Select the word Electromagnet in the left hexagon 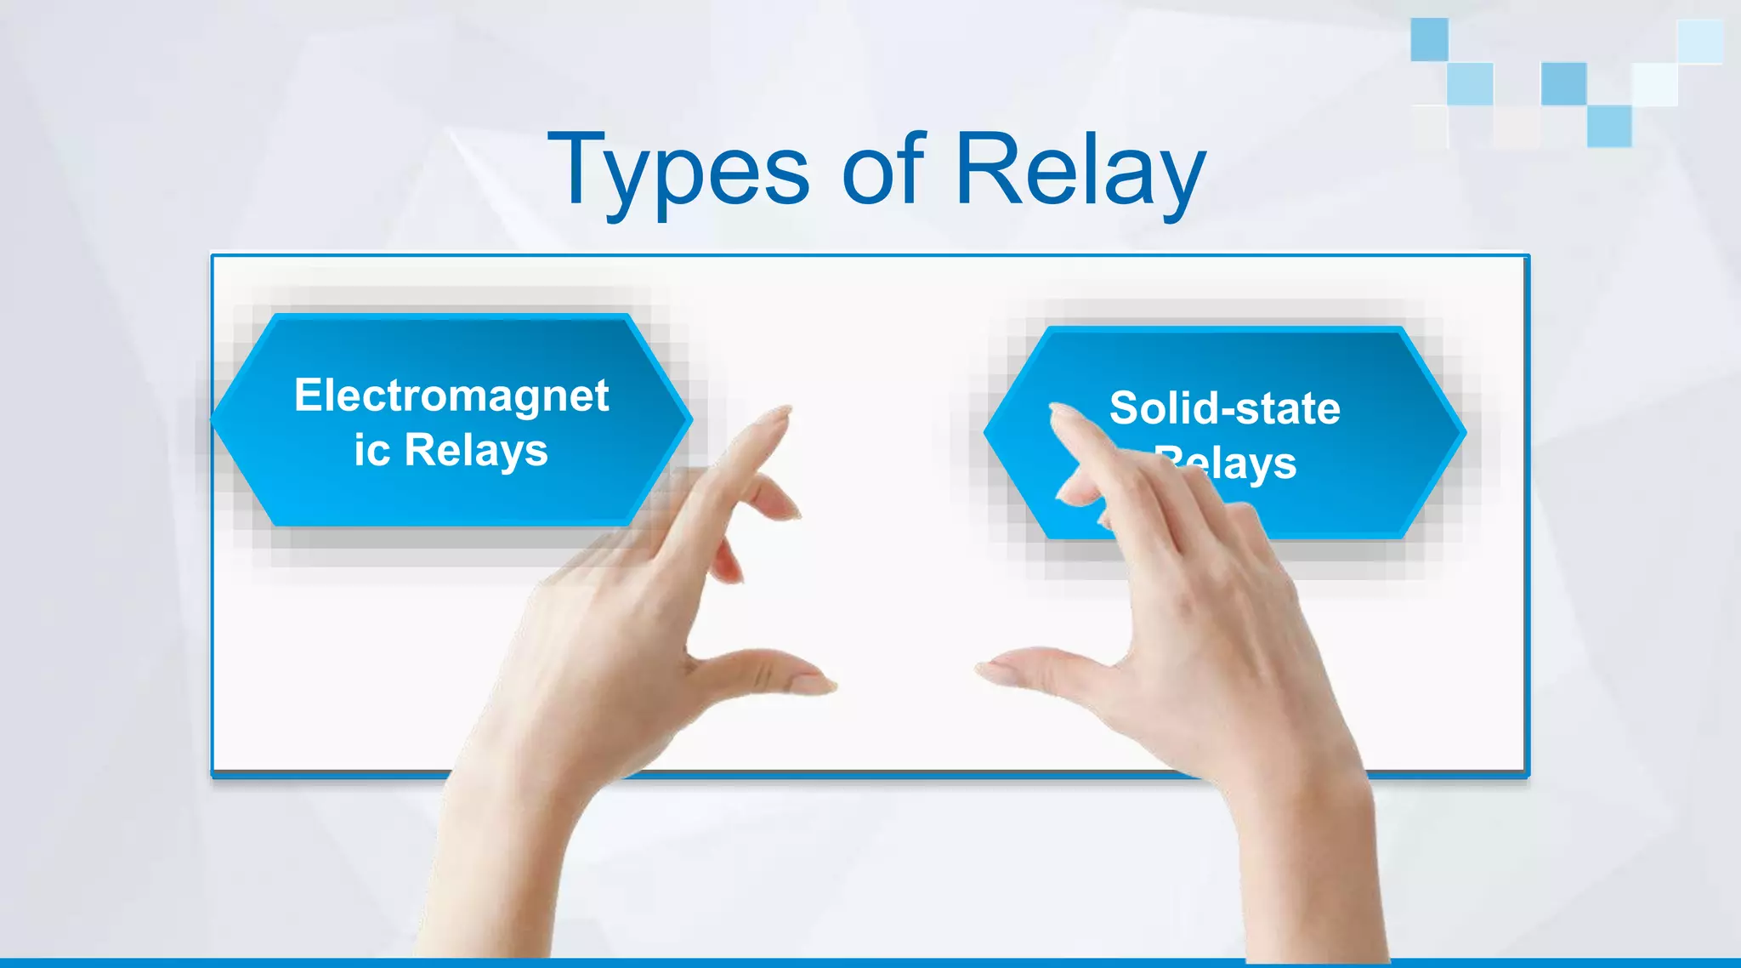[451, 396]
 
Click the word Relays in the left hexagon [476, 451]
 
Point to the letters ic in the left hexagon [371, 451]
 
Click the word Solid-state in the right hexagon [1224, 408]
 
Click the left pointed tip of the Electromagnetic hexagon [214, 419]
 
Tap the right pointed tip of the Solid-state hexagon [1464, 432]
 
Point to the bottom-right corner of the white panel [1527, 774]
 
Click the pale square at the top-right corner [1699, 41]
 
